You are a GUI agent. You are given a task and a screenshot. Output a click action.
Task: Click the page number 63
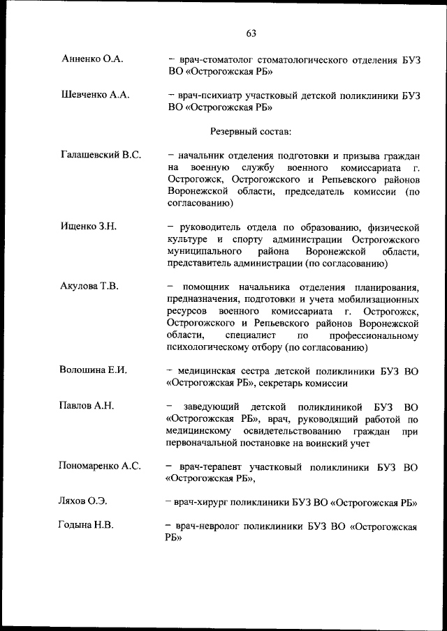click(x=251, y=33)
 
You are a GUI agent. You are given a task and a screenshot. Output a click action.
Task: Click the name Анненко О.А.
click(x=92, y=59)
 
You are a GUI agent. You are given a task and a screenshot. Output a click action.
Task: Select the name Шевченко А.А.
click(x=96, y=95)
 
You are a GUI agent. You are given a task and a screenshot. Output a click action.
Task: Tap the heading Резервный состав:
click(x=251, y=130)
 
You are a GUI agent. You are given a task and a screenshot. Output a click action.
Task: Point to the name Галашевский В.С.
click(x=101, y=155)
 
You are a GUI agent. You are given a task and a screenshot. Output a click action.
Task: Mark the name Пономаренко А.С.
click(x=100, y=466)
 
